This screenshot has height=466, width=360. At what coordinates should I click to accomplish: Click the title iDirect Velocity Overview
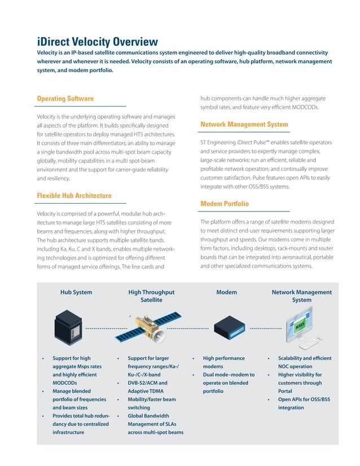98,42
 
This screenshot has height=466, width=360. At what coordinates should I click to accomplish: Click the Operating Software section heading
65,99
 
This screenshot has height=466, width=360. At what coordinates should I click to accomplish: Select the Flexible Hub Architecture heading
74,196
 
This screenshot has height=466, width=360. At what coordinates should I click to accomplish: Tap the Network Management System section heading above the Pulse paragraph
244,124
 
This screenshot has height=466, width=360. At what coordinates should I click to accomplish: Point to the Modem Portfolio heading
224,203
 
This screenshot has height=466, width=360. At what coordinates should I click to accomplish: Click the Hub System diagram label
76,292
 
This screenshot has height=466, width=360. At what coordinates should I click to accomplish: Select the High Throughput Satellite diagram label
151,296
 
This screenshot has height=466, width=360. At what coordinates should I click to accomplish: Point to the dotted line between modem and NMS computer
266,328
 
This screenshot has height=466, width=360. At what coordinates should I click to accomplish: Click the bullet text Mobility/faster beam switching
151,403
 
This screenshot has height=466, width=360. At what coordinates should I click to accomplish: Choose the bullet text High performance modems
223,362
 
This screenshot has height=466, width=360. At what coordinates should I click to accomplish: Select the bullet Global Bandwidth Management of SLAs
155,425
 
